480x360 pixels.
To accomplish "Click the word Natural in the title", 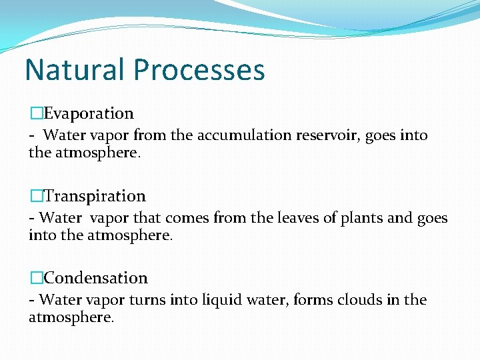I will (x=74, y=70).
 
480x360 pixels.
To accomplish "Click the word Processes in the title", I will (x=199, y=70).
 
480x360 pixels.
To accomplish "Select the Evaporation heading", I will (x=88, y=114).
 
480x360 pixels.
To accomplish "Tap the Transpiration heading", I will (x=94, y=196).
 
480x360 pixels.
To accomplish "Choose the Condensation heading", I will (x=95, y=278).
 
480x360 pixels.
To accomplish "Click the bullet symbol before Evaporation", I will (x=35, y=114).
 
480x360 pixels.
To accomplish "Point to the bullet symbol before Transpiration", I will (x=35, y=196).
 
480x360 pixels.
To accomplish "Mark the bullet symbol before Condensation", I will (x=35, y=278).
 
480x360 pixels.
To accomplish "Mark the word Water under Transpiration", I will (x=62, y=218).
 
